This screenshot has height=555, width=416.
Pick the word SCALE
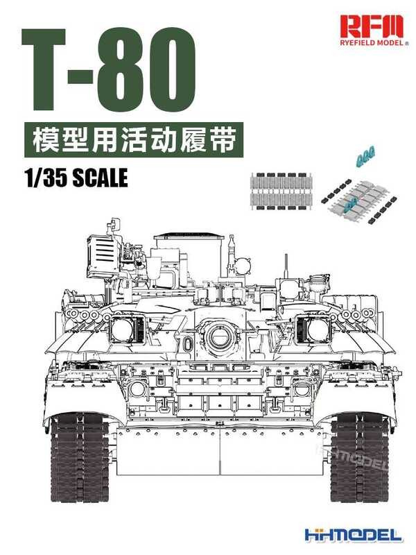pos(100,178)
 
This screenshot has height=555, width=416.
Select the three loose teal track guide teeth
pos(365,159)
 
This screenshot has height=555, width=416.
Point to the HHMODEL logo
pos(353,535)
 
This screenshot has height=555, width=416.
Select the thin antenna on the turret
pos(285,267)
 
